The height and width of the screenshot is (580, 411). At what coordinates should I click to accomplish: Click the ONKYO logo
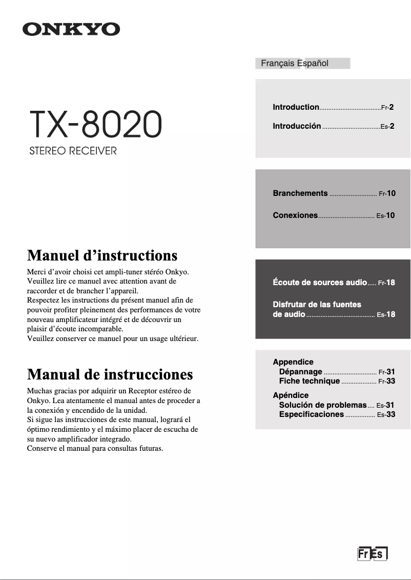click(x=71, y=29)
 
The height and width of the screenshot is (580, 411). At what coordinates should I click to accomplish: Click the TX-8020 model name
click(x=95, y=125)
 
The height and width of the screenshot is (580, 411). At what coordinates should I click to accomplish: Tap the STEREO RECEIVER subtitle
click(x=73, y=152)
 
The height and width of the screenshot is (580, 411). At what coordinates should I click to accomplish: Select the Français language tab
click(x=278, y=64)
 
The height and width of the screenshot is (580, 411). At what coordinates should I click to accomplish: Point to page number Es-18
click(x=386, y=314)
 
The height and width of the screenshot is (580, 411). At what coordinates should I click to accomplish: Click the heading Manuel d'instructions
click(x=102, y=255)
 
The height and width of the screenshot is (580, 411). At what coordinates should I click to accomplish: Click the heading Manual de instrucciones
click(x=110, y=374)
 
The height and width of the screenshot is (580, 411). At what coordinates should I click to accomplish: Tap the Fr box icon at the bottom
click(x=363, y=554)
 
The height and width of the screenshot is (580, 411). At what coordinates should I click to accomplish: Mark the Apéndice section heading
click(x=291, y=395)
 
